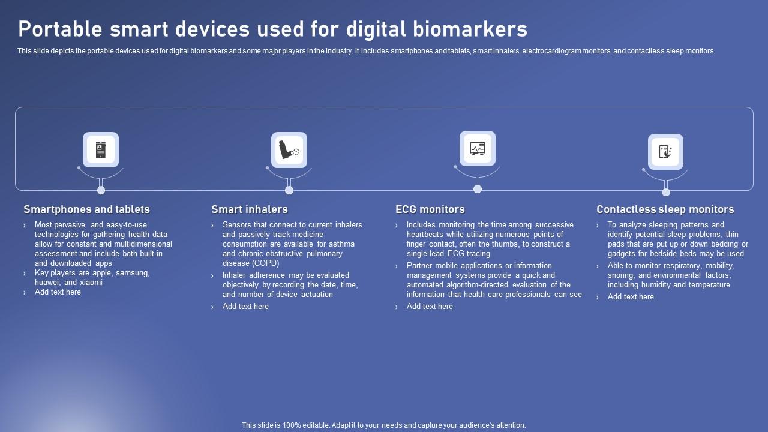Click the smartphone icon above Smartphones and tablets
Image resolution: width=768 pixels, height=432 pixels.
pos(101,149)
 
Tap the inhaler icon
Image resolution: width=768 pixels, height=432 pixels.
pos(289,149)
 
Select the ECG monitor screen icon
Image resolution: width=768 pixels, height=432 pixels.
pos(478,148)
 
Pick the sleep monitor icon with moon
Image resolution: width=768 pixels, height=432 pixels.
pos(665,151)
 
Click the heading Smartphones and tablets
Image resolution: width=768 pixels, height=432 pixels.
pos(86,209)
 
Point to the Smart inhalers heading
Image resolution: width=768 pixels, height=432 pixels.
pos(249,209)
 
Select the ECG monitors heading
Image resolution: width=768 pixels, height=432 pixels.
pos(430,209)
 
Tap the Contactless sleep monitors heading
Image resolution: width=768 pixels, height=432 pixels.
pos(665,209)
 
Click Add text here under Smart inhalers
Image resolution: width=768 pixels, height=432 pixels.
pos(245,306)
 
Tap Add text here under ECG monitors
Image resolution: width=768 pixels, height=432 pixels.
pos(430,306)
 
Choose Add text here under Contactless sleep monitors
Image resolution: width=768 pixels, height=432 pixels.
pos(631,296)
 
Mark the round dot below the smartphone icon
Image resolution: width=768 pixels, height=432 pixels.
pos(101,190)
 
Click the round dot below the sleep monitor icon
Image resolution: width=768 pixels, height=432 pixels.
pos(665,192)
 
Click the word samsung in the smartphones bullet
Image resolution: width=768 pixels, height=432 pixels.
pos(133,272)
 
